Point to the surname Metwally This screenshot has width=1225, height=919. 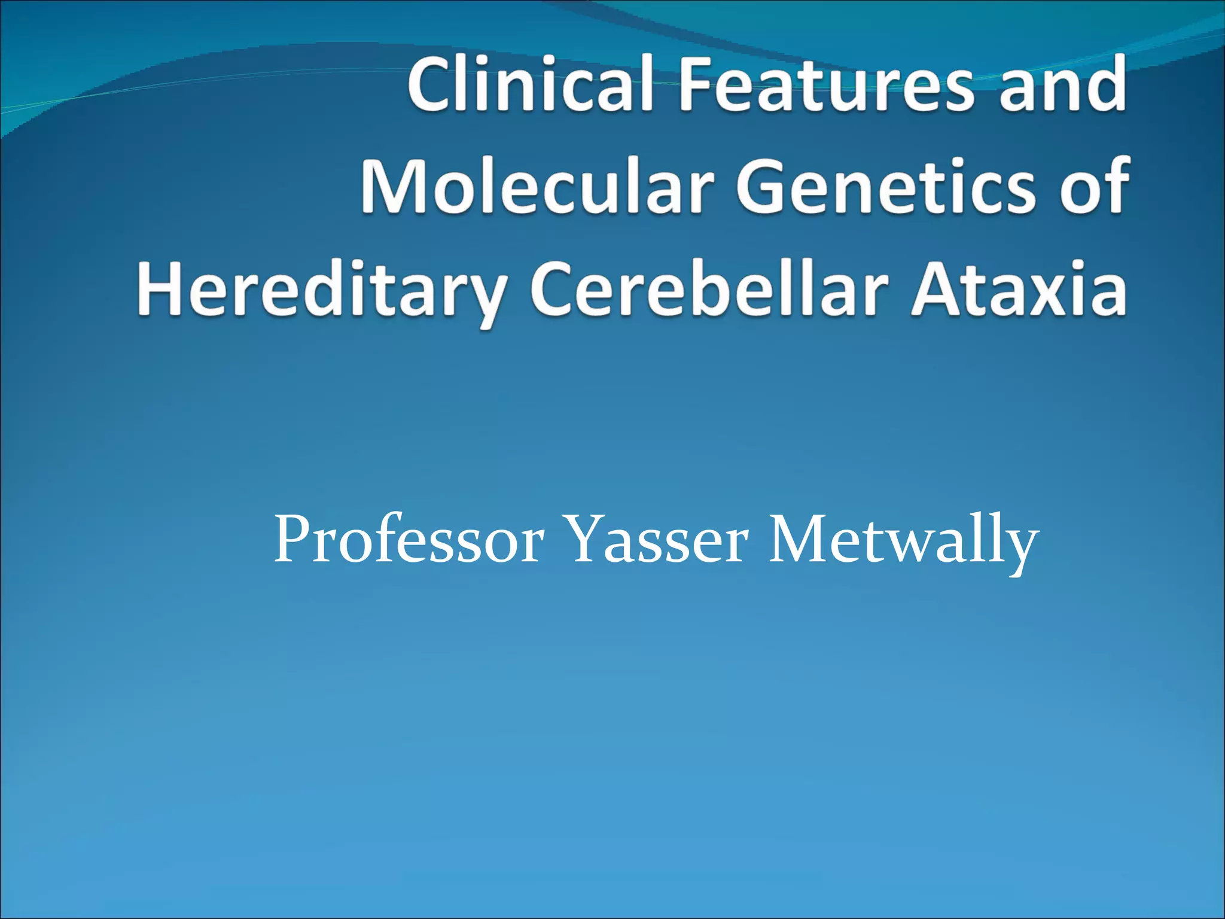pyautogui.click(x=903, y=541)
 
